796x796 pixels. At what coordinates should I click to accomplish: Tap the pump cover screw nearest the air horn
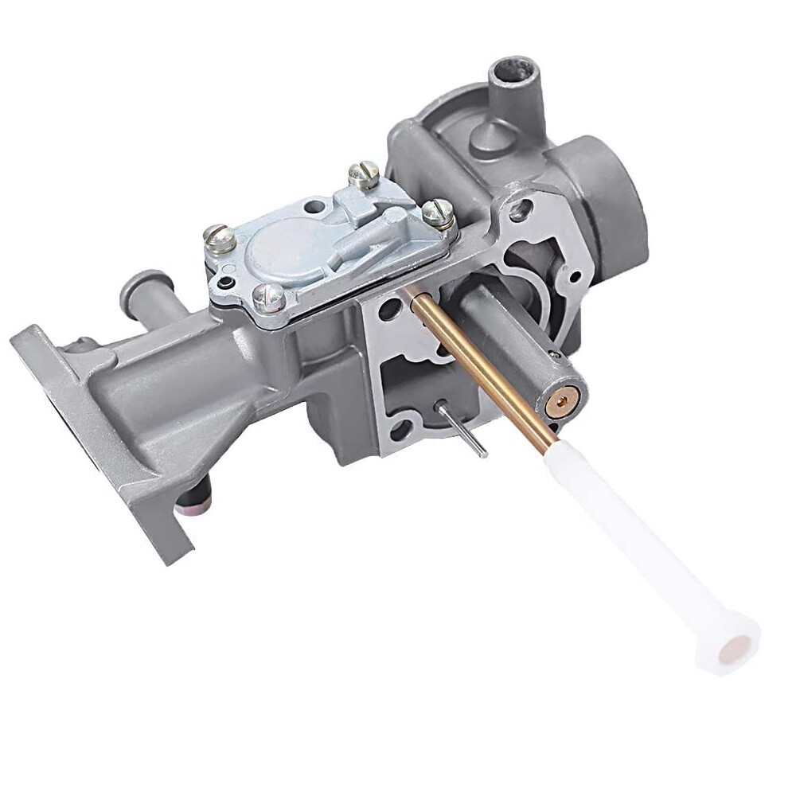coord(437,212)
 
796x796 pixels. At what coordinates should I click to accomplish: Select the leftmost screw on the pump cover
coord(217,236)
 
